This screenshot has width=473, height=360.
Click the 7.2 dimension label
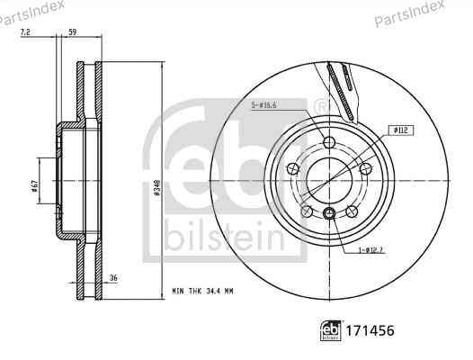click(25, 31)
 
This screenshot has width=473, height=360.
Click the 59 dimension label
click(73, 31)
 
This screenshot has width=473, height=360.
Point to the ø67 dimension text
click(34, 186)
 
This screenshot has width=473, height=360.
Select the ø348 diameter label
click(156, 188)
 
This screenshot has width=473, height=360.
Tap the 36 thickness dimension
click(113, 278)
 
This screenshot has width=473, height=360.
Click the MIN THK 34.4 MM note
click(202, 292)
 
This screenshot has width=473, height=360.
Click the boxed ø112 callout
click(400, 130)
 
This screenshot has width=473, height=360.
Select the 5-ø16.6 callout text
click(264, 105)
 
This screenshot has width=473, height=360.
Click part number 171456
click(370, 330)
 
